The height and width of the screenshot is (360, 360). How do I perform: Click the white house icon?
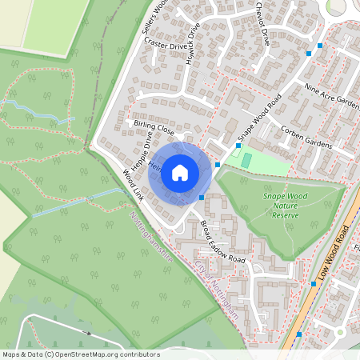tap(180, 172)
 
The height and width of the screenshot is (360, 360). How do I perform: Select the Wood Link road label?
tap(134, 184)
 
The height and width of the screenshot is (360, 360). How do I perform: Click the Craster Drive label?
tap(165, 47)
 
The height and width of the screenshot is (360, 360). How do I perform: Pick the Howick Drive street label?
tap(193, 43)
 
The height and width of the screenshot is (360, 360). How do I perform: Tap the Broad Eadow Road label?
tap(222, 242)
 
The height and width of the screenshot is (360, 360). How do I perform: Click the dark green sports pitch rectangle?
tap(246, 161)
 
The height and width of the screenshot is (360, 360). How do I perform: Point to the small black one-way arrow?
tap(86, 330)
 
